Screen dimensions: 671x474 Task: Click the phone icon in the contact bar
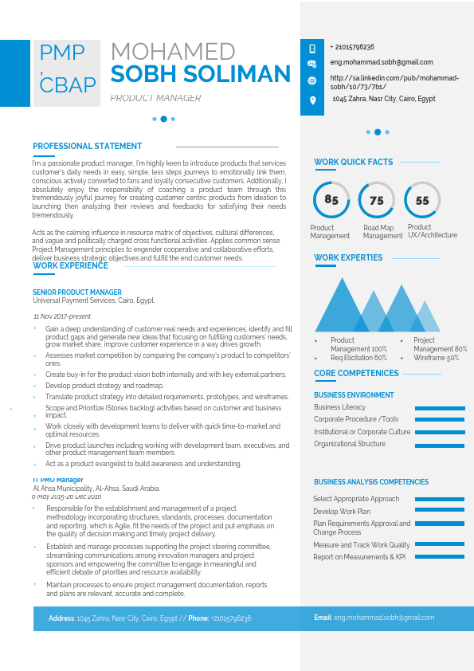click(x=312, y=48)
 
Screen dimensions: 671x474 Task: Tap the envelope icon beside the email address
click(x=312, y=63)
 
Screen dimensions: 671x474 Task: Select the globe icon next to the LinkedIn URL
click(x=312, y=81)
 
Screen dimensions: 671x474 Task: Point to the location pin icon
click(x=312, y=100)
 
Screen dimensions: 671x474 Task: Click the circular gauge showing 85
click(x=331, y=200)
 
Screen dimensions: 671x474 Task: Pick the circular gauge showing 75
click(x=377, y=200)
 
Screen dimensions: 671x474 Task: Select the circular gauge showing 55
click(x=422, y=200)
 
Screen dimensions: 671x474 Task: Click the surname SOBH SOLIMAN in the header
click(x=201, y=75)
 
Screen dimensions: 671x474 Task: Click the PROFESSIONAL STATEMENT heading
click(x=88, y=147)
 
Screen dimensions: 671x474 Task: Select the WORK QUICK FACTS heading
click(x=354, y=163)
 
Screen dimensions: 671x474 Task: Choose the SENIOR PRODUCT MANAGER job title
click(x=77, y=292)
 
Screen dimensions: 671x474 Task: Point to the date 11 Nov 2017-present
click(x=62, y=316)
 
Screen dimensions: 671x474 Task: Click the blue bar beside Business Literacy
click(x=440, y=408)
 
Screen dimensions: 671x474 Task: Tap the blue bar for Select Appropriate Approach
click(x=440, y=500)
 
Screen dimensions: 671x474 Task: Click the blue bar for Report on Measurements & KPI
click(x=440, y=558)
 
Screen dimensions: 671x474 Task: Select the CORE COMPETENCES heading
click(x=356, y=374)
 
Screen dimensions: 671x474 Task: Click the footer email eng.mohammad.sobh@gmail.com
click(x=384, y=618)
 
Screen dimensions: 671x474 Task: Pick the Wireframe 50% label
click(x=436, y=359)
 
